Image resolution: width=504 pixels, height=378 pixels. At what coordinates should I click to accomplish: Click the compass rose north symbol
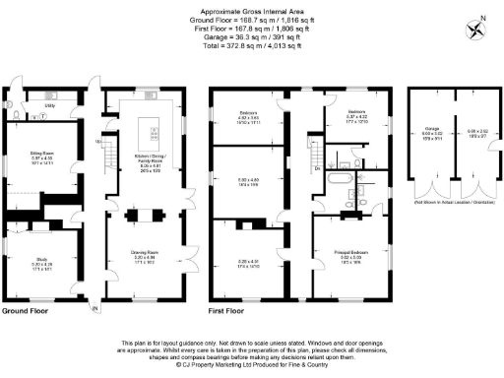pyautogui.click(x=478, y=29)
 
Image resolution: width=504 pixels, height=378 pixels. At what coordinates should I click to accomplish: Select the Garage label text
pyautogui.click(x=431, y=129)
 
